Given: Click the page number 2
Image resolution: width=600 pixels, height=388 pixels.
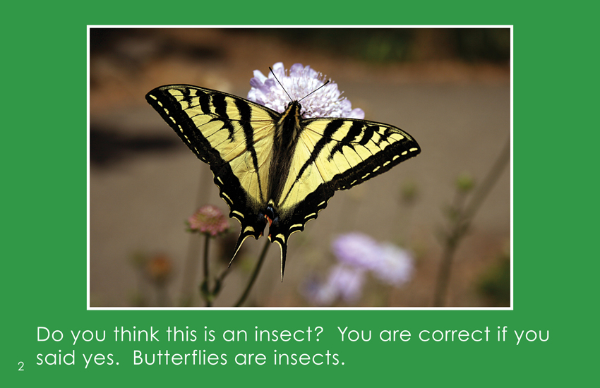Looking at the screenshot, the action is click(21, 366).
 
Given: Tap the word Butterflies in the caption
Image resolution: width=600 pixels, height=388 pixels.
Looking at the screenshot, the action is click(180, 358).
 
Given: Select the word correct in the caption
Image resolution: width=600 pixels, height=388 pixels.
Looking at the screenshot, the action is click(454, 334).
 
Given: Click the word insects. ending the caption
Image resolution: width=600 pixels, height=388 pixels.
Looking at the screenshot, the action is click(308, 358).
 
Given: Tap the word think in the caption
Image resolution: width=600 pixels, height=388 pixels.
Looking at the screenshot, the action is click(136, 334).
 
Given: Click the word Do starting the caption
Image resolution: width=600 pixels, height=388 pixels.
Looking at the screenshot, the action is click(49, 334).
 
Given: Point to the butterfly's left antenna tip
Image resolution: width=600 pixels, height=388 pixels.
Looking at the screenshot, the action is click(270, 68).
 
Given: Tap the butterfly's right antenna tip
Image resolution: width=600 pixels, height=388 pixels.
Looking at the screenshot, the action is click(328, 81).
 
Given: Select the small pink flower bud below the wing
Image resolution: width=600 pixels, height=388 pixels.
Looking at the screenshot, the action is click(208, 220).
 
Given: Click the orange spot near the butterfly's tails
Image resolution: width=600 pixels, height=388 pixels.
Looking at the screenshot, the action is click(270, 220).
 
